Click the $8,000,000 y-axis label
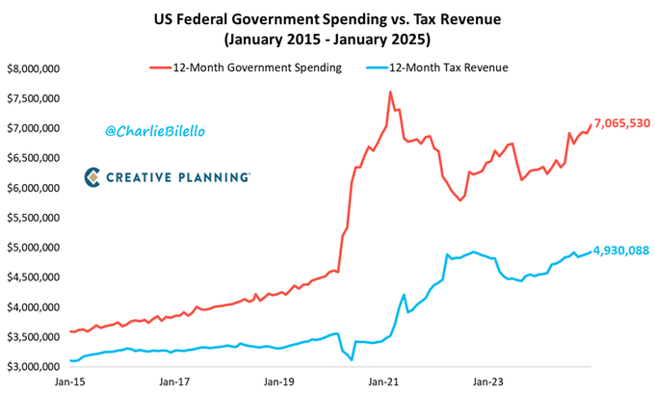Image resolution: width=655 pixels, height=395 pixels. [x=34, y=69]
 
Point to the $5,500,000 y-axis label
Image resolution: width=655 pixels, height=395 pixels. [x=34, y=218]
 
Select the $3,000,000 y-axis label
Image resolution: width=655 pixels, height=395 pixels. [x=34, y=367]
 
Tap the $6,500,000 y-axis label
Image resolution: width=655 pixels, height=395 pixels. [x=34, y=158]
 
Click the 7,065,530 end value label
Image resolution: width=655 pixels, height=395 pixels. [x=621, y=123]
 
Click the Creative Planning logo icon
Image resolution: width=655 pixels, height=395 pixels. [x=92, y=176]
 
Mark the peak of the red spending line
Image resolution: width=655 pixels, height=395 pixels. [x=390, y=92]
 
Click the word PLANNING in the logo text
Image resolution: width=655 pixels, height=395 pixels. [x=213, y=177]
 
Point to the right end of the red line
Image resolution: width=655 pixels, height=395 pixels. [x=589, y=124]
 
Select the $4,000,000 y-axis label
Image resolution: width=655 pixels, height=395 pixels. [x=34, y=307]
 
